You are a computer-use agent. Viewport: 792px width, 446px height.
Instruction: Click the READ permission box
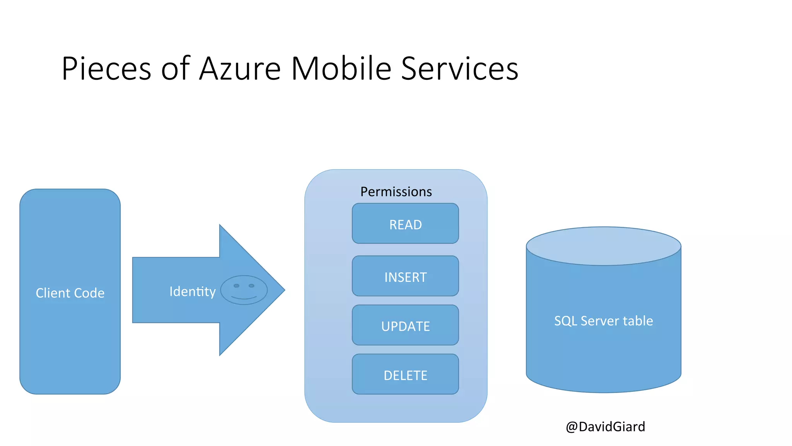[405, 224]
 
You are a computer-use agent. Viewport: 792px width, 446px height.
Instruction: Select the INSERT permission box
[405, 276]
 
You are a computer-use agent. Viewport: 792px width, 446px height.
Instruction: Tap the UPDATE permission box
[405, 326]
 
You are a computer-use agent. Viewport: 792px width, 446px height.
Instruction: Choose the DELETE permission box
[405, 375]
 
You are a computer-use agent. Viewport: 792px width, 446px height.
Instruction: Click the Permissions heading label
[396, 192]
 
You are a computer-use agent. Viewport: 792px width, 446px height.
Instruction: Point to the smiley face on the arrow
[244, 290]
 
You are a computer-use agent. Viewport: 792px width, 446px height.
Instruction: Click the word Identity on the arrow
[192, 292]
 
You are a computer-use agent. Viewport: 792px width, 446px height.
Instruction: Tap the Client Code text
[70, 293]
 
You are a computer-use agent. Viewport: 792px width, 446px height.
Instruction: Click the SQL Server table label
[603, 321]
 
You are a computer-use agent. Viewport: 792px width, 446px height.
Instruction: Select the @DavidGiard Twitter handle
[605, 427]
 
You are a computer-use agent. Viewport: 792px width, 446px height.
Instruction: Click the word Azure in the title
[240, 69]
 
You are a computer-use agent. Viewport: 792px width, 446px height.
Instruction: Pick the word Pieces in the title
[106, 69]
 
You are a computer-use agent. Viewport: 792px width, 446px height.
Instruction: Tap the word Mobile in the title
[341, 69]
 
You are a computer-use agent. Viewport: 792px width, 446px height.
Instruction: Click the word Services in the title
[459, 69]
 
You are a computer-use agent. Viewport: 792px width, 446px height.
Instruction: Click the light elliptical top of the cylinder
[603, 246]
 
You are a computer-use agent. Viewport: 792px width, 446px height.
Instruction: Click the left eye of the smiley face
[237, 286]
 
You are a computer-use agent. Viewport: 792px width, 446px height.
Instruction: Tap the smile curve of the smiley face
[244, 298]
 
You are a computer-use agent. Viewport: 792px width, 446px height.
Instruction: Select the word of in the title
[175, 69]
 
